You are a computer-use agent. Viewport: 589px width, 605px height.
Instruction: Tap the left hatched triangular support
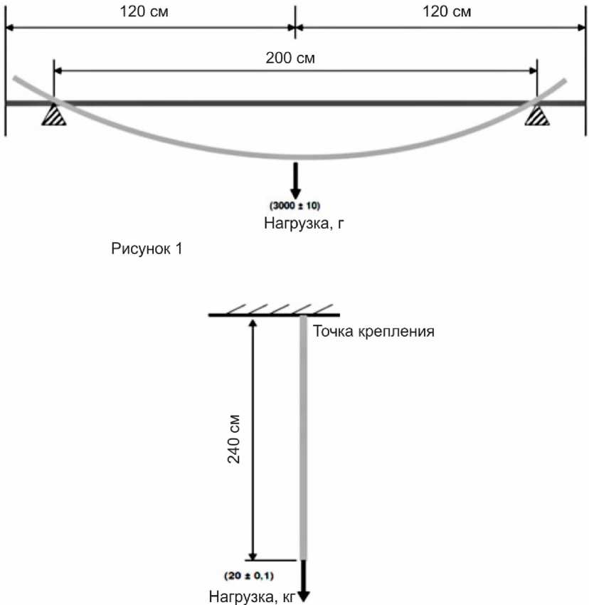55,115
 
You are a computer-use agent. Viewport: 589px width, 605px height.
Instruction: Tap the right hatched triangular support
536,115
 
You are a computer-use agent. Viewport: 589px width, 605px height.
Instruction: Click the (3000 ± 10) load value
295,206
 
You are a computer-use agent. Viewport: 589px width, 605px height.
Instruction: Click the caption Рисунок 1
146,250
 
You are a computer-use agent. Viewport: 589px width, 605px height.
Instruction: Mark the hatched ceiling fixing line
274,312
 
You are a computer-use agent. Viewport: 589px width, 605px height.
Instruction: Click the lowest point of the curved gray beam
295,156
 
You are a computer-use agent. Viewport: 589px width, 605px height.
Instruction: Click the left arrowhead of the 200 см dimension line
58,70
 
